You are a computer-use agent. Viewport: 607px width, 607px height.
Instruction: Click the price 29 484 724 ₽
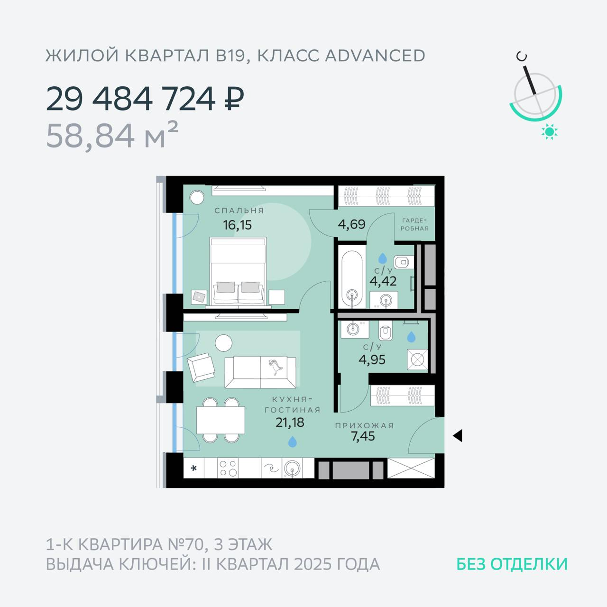(145, 99)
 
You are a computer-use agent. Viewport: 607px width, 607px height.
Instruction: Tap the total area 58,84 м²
(112, 136)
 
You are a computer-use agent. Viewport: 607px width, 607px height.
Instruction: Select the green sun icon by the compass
(549, 132)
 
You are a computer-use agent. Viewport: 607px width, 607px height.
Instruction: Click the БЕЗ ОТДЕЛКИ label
(512, 564)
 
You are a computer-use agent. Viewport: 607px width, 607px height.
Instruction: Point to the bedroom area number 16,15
(237, 225)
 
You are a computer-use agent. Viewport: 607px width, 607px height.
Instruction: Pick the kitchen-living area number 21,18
(290, 422)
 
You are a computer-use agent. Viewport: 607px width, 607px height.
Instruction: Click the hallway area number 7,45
(363, 436)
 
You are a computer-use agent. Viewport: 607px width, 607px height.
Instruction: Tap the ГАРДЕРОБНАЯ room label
(414, 224)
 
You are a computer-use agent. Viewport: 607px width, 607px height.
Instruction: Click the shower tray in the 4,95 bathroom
(417, 359)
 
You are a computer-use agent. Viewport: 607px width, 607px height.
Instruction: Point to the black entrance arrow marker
(458, 436)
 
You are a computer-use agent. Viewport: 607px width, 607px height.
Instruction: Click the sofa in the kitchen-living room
(260, 372)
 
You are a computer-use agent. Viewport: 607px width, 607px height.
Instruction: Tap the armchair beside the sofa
(201, 368)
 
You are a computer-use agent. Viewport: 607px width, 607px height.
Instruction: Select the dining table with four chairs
(221, 420)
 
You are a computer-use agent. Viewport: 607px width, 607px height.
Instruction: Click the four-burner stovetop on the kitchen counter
(228, 468)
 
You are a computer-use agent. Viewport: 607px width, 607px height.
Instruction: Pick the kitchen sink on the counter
(292, 469)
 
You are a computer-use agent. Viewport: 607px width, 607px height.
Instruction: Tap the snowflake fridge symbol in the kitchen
(194, 469)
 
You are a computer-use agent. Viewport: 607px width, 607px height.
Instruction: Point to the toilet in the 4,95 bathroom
(385, 331)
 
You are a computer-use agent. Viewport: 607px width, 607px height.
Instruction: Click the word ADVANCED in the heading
(375, 56)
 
